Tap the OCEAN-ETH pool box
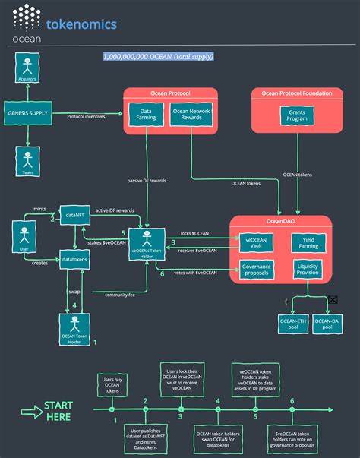293,324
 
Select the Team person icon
28,162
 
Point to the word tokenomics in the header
81,24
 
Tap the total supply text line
159,56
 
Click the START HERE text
58,411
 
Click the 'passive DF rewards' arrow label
145,180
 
